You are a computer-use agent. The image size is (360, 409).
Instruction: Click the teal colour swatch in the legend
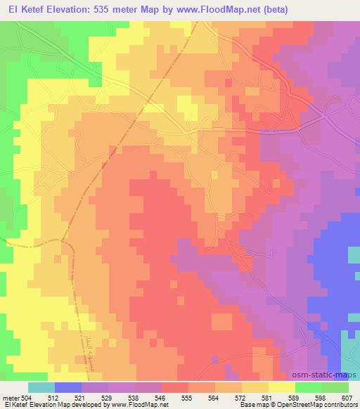[41, 387]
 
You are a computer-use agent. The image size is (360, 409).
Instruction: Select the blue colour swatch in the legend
[68, 387]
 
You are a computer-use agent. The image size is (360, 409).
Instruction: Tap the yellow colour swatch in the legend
[282, 387]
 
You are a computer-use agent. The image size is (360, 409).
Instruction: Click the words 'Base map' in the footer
[252, 405]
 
